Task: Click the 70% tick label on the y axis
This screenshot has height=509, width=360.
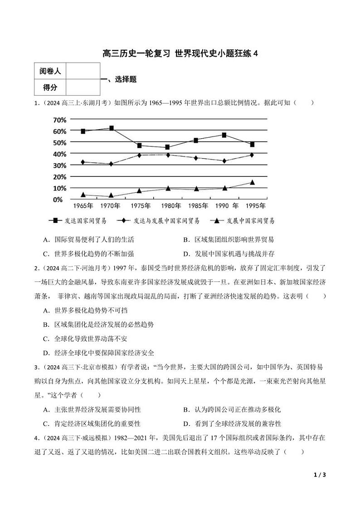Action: [59, 120]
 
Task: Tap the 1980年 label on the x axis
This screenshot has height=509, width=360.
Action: [171, 206]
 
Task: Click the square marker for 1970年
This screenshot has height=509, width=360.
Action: [112, 128]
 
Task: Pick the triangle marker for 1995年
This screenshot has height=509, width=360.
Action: [252, 182]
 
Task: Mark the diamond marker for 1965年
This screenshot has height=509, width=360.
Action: [83, 162]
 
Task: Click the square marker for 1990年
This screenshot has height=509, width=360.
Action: [224, 135]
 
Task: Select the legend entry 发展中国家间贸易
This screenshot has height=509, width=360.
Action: [243, 221]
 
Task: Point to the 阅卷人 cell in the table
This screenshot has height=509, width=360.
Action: [50, 71]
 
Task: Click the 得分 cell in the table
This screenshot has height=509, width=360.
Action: [50, 87]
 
